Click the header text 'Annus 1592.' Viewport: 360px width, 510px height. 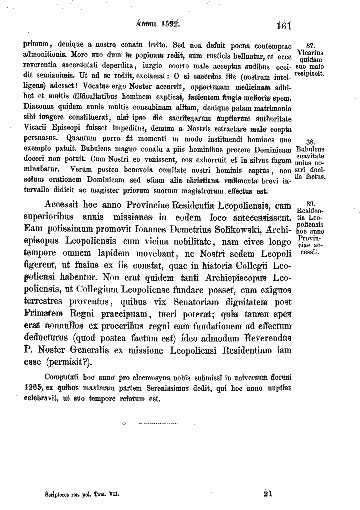pyautogui.click(x=158, y=23)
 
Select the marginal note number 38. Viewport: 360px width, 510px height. pyautogui.click(x=310, y=142)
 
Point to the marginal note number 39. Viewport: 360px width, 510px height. pyautogui.click(x=310, y=204)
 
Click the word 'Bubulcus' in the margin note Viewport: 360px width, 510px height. pyautogui.click(x=310, y=149)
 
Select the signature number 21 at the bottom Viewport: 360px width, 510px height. pyautogui.click(x=267, y=493)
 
